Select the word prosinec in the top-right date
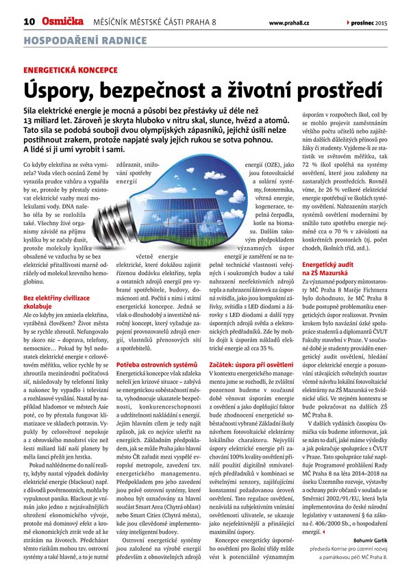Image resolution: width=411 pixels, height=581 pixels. point(367,21)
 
